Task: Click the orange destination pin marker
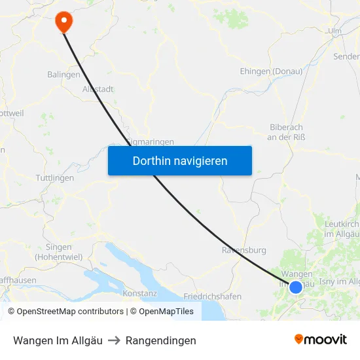(x=64, y=20)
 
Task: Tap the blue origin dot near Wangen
(x=296, y=287)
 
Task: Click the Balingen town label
(x=63, y=75)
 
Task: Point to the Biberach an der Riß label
(x=287, y=132)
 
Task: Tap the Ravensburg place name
(x=244, y=250)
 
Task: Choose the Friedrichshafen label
(x=212, y=297)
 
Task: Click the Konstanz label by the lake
(x=139, y=293)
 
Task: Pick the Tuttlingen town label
(x=54, y=178)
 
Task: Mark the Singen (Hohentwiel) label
(x=59, y=252)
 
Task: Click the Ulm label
(x=335, y=31)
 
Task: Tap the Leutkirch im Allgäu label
(x=341, y=228)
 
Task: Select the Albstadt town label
(x=98, y=89)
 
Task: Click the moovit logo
(x=320, y=339)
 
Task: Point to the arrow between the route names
(x=114, y=340)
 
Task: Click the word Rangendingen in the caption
(x=160, y=340)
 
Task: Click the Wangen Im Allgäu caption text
(x=58, y=340)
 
